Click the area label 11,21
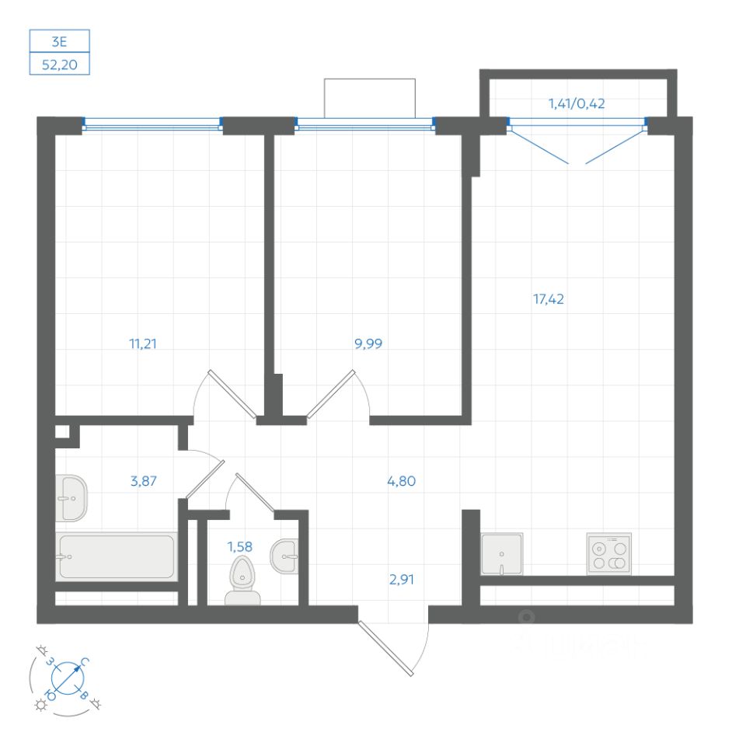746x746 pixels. pos(144,343)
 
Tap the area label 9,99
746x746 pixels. pos(370,343)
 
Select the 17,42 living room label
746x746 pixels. pos(548,298)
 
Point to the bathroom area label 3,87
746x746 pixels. pos(144,481)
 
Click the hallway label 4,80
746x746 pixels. pos(401,481)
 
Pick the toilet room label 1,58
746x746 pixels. pos(240,546)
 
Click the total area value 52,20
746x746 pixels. pos(60,67)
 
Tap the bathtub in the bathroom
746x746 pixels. pos(117,556)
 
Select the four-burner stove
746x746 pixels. pos(608,554)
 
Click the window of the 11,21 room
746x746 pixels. pos(152,122)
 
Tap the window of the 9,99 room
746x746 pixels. pos(365,122)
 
